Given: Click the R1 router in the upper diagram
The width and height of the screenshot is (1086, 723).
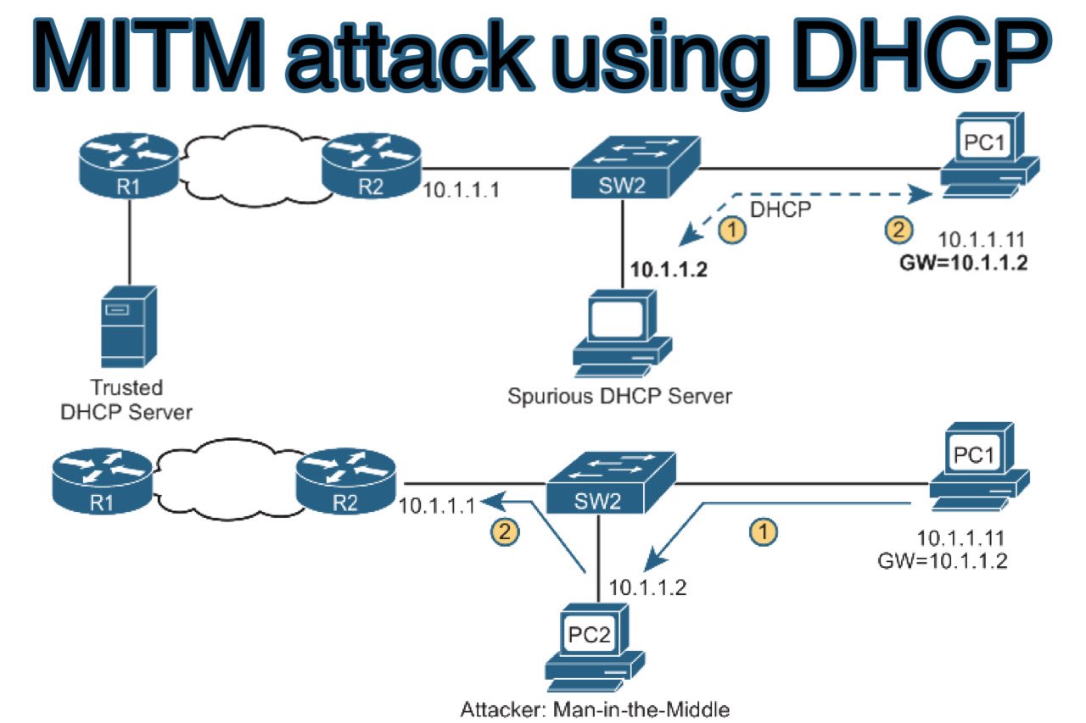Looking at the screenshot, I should pyautogui.click(x=128, y=170).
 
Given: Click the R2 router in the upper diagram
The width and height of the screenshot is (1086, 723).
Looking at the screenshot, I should pyautogui.click(x=371, y=170).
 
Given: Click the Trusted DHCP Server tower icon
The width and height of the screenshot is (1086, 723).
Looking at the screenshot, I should pyautogui.click(x=128, y=325).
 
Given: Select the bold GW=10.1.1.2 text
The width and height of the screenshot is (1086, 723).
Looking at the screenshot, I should pyautogui.click(x=963, y=263).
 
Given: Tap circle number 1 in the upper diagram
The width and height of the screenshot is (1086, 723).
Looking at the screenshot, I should pyautogui.click(x=732, y=229).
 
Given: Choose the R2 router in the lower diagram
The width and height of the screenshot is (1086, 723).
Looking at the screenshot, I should pyautogui.click(x=344, y=484).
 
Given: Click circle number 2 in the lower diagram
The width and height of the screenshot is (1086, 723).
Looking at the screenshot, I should pyautogui.click(x=505, y=532).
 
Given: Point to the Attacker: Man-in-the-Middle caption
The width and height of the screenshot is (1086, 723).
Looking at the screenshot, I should pyautogui.click(x=595, y=709).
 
